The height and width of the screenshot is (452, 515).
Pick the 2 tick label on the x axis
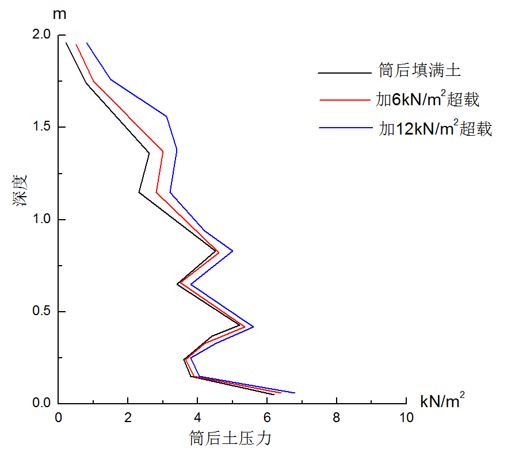point(128,418)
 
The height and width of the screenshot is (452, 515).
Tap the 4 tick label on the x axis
point(198,418)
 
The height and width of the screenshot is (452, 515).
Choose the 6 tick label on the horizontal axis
point(267,418)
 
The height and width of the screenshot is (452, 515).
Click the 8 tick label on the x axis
point(337,418)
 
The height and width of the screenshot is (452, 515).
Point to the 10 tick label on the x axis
point(406,418)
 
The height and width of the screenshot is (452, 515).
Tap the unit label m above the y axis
point(59,14)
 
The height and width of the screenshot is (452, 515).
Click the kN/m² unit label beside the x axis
point(442,400)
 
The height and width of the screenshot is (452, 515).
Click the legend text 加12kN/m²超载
point(435,128)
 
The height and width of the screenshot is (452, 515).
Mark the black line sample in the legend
point(345,73)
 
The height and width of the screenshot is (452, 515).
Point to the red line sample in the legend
point(345,101)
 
